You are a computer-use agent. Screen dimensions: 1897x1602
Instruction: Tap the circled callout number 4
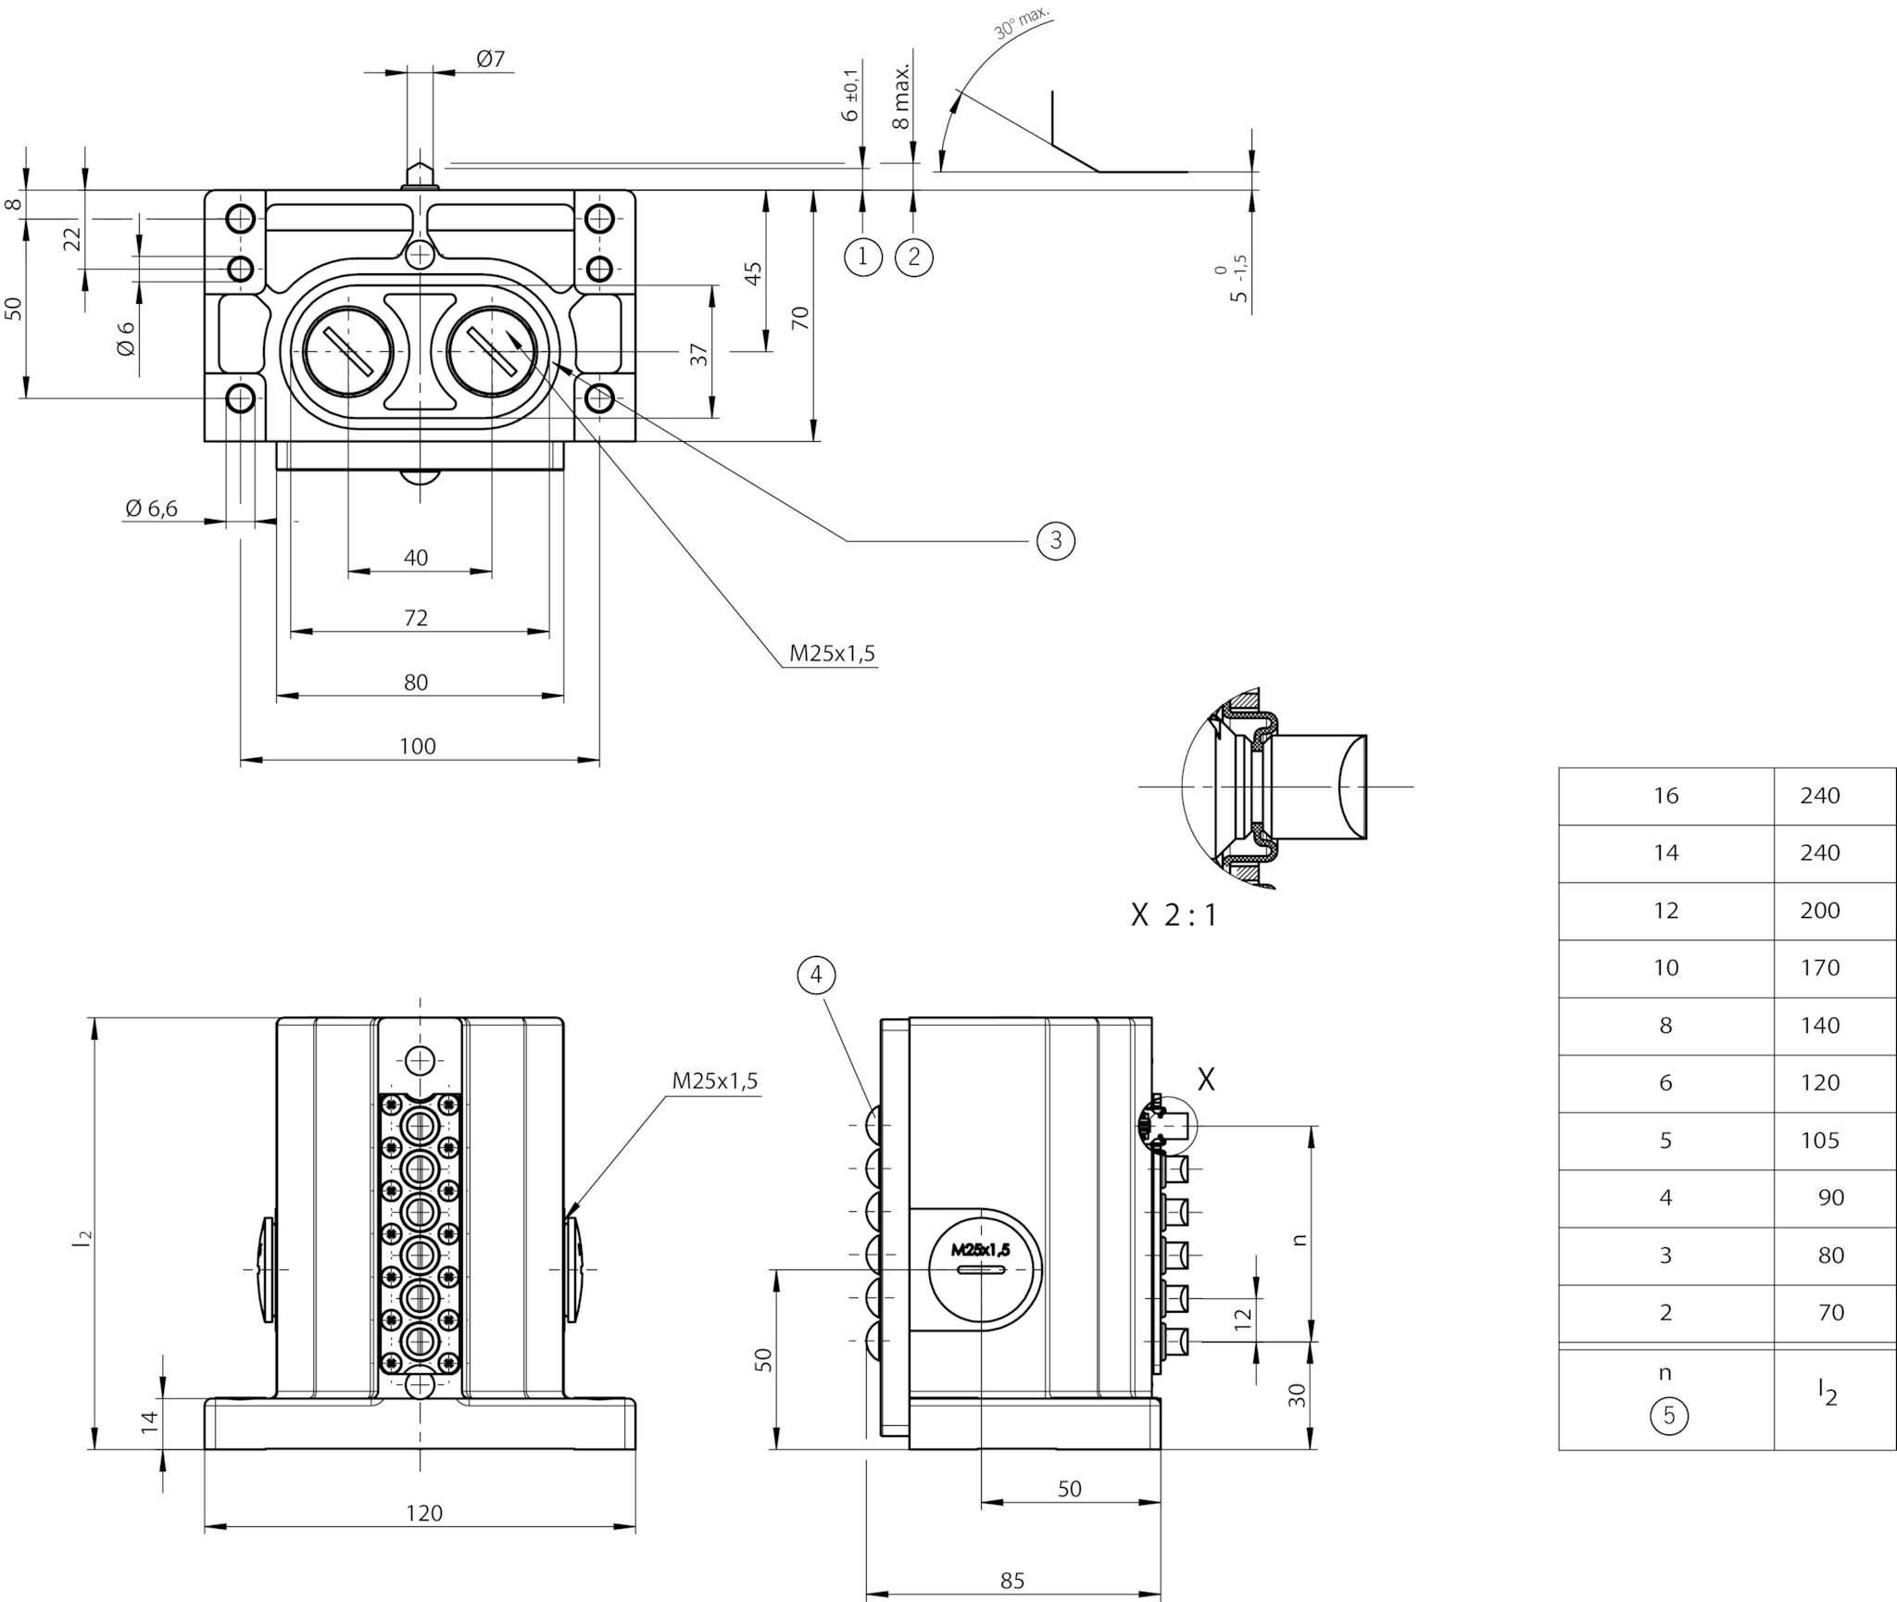[816, 975]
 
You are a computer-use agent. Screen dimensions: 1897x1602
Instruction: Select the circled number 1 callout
[863, 256]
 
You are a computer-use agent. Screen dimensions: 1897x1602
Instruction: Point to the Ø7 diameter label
[491, 59]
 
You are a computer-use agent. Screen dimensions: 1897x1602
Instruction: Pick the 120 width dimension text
[424, 1513]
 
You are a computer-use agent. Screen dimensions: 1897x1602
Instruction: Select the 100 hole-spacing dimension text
[418, 747]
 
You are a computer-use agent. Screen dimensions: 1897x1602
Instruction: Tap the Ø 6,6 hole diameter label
[152, 508]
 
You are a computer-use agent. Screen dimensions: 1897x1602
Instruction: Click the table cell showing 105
[1820, 1141]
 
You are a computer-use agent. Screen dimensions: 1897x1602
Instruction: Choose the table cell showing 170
[1820, 968]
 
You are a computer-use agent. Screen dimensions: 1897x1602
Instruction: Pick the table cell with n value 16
[1666, 796]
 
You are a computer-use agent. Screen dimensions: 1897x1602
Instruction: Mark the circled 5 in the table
[1669, 1415]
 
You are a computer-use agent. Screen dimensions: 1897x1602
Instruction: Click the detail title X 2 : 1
[1174, 916]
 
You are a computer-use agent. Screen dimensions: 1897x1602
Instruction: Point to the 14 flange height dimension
[150, 1420]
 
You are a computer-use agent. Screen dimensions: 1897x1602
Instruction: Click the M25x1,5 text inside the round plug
[981, 1250]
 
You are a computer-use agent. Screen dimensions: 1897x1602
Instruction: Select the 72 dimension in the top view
[416, 618]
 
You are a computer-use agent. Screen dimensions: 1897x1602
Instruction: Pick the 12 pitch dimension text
[1243, 1316]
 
